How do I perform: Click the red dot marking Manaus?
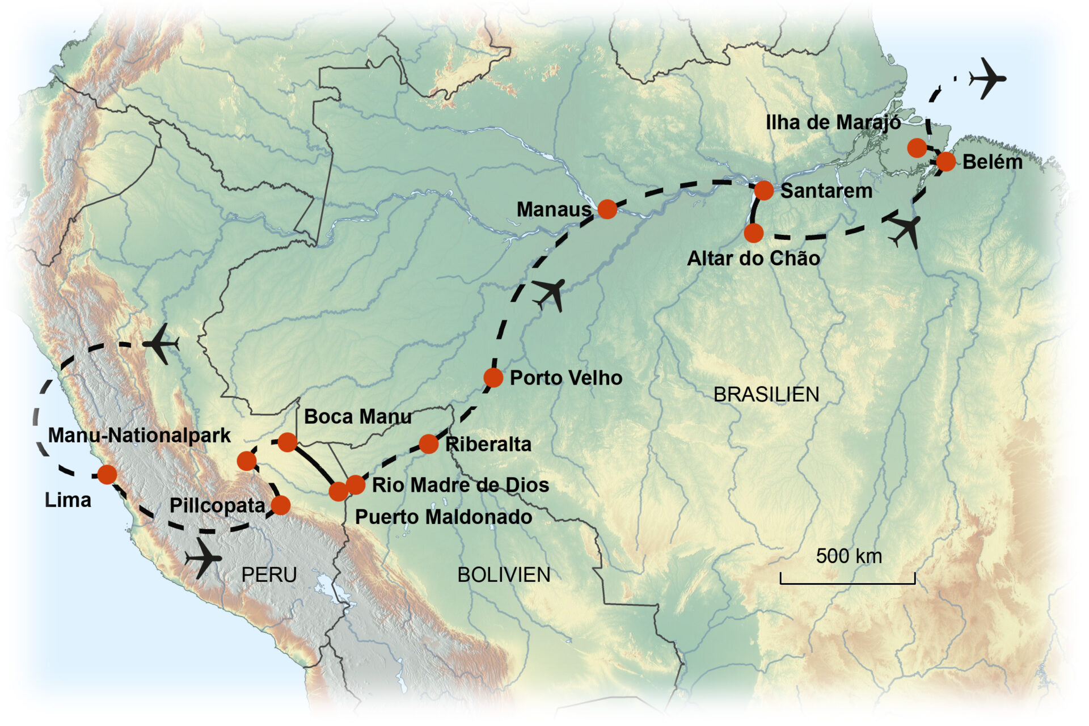(x=607, y=209)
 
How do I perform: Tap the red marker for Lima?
(x=107, y=474)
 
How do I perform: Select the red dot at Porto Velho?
(x=493, y=377)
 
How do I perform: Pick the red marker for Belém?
(x=946, y=162)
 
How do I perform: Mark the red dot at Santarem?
(x=763, y=191)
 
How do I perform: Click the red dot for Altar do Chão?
(x=753, y=233)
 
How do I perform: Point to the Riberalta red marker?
(x=428, y=444)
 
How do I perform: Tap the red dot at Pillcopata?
(x=281, y=505)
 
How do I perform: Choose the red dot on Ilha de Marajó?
(x=917, y=147)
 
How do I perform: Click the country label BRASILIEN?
(x=766, y=395)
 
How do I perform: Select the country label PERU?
(x=269, y=575)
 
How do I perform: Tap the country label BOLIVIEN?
(x=504, y=575)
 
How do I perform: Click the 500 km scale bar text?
(x=849, y=556)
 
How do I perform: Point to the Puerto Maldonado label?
(x=444, y=517)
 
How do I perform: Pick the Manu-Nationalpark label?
(x=139, y=435)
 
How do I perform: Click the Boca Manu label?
(x=358, y=416)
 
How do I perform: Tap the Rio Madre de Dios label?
(x=461, y=485)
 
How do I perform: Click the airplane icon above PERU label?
(x=202, y=558)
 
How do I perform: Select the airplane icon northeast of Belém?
(x=987, y=78)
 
